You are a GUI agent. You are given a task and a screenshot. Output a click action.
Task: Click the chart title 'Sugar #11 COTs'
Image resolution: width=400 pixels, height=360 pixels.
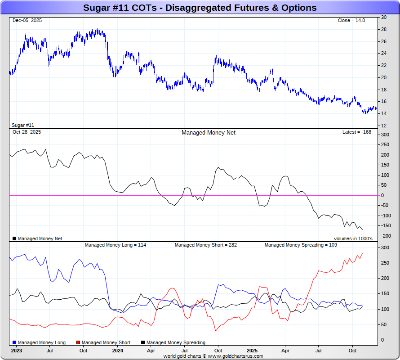click(200, 8)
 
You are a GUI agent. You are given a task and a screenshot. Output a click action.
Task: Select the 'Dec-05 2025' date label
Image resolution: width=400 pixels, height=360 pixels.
click(27, 20)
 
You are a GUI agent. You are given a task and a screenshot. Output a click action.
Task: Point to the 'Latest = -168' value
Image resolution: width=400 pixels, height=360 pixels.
click(357, 132)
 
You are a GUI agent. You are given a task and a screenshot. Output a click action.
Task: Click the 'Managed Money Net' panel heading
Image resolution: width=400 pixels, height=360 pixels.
click(209, 132)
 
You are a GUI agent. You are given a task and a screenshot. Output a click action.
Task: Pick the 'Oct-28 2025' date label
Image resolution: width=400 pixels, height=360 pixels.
click(27, 132)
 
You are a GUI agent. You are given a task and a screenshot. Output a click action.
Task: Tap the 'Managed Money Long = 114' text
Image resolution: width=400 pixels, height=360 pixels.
click(116, 245)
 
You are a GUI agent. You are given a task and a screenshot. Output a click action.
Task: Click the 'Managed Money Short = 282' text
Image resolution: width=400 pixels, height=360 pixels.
click(206, 245)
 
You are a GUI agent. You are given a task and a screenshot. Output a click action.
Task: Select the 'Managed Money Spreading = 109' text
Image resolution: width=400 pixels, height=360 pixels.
click(301, 245)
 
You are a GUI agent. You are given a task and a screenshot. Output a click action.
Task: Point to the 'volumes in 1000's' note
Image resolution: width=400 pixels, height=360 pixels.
click(353, 238)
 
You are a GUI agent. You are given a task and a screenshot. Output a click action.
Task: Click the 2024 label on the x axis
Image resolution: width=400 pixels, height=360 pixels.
click(118, 350)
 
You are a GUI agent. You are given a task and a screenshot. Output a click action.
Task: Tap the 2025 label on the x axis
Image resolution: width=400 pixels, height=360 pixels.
click(252, 350)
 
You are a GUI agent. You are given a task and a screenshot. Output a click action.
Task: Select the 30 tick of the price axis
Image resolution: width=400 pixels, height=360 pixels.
click(384, 17)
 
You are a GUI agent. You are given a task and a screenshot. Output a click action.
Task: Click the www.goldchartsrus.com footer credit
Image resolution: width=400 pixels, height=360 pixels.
click(213, 356)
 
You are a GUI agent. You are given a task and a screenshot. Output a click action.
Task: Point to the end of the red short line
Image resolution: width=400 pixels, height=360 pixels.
click(362, 253)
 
